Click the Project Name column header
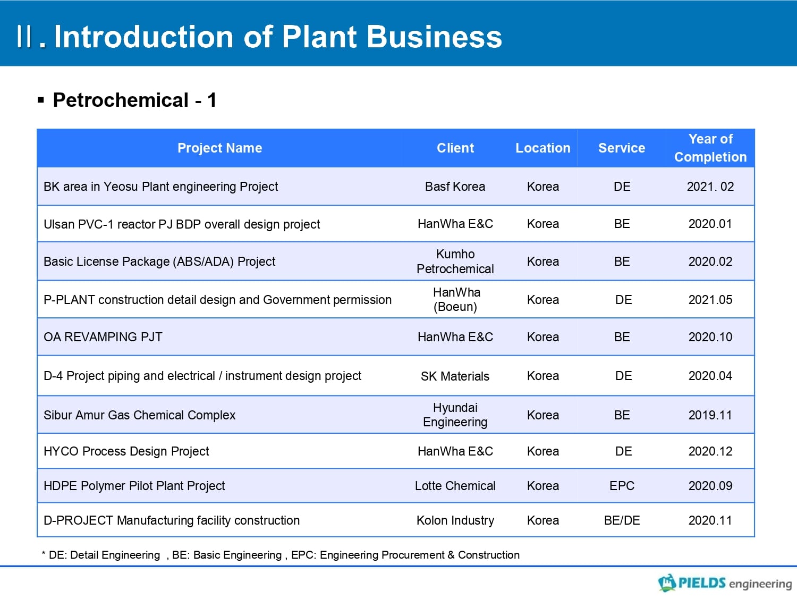pyautogui.click(x=219, y=148)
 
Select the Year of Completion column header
pyautogui.click(x=710, y=148)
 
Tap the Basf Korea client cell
pyautogui.click(x=455, y=187)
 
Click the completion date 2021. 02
pyautogui.click(x=710, y=187)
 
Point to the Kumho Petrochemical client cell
pyautogui.click(x=455, y=262)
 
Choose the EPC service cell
pyautogui.click(x=622, y=486)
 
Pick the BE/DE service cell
pyautogui.click(x=622, y=520)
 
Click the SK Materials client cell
pyautogui.click(x=455, y=376)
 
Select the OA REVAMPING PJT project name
pyautogui.click(x=103, y=338)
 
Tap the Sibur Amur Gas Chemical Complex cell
pyautogui.click(x=139, y=415)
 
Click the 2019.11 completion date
pyautogui.click(x=710, y=415)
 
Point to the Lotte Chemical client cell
pyautogui.click(x=455, y=486)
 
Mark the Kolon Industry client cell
pyautogui.click(x=455, y=520)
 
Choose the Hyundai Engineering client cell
pyautogui.click(x=455, y=415)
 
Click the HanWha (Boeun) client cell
pyautogui.click(x=456, y=300)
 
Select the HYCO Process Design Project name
pyautogui.click(x=126, y=451)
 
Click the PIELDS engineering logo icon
pyautogui.click(x=667, y=583)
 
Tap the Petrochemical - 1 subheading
pyautogui.click(x=135, y=100)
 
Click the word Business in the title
pyautogui.click(x=434, y=37)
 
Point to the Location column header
pyautogui.click(x=543, y=148)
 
